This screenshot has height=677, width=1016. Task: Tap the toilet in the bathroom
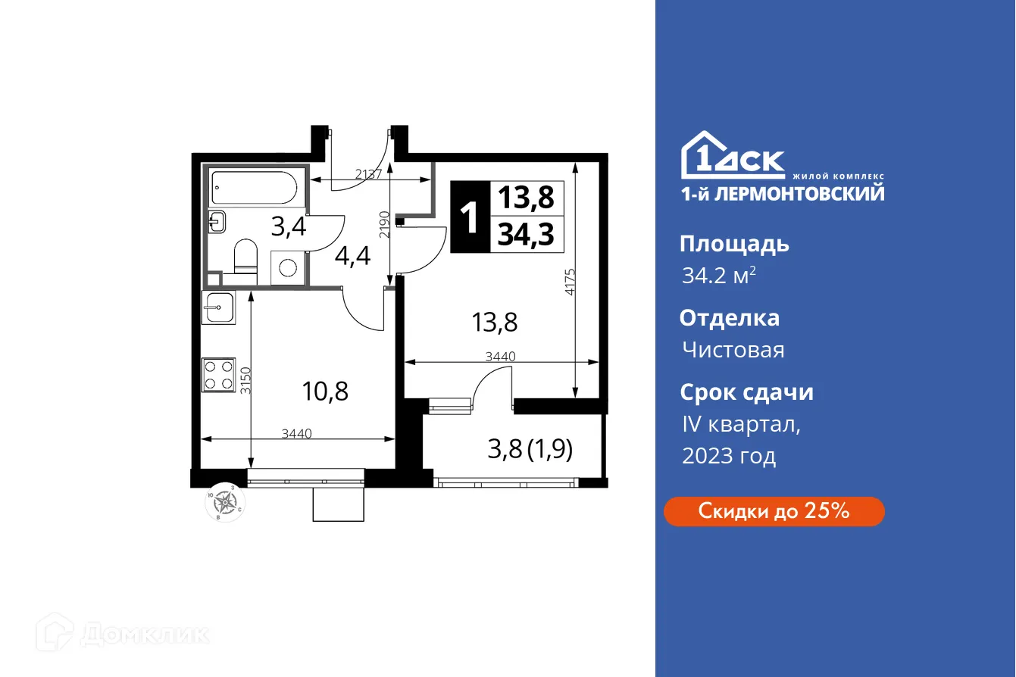coord(244,256)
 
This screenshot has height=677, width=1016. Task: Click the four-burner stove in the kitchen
coord(219,374)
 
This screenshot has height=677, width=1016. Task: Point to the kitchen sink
coord(219,307)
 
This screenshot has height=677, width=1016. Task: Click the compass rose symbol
coord(225,501)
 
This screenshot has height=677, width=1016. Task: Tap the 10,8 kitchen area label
coord(326,392)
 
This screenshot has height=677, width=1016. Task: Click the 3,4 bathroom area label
coord(289,226)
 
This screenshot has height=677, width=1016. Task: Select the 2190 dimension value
coord(384,225)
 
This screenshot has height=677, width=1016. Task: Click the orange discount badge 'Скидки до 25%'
coord(774,511)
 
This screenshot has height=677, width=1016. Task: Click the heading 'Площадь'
coord(734,244)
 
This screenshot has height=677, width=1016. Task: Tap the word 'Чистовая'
coord(733,350)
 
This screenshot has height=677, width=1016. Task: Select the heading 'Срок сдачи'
coord(746,392)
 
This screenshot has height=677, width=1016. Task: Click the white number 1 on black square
coord(470,218)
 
